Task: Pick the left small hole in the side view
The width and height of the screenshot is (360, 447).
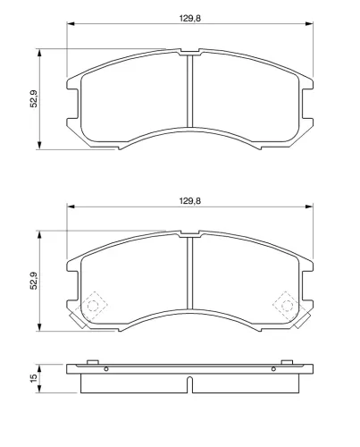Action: [x=106, y=369]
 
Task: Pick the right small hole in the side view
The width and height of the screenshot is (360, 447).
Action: [x=272, y=369]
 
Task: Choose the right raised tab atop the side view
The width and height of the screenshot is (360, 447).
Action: [x=289, y=362]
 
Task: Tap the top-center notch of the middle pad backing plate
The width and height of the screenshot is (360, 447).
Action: [x=188, y=235]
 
